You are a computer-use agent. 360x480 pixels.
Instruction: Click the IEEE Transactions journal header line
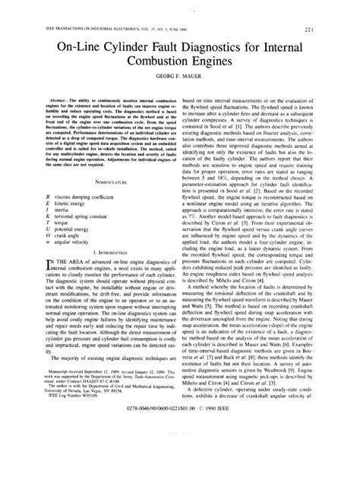tap(84, 10)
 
